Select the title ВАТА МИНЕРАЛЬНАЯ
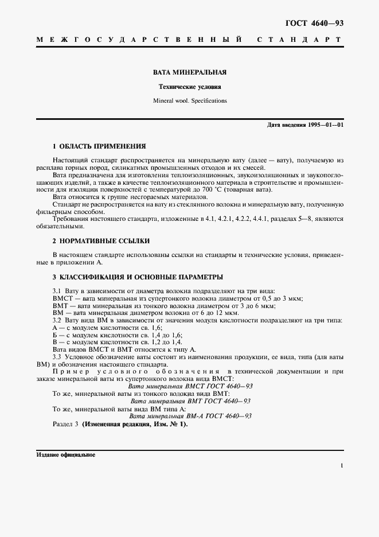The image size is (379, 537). pyautogui.click(x=189, y=73)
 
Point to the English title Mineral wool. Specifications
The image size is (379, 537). pyautogui.click(x=189, y=100)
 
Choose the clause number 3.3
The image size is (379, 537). pyautogui.click(x=57, y=356)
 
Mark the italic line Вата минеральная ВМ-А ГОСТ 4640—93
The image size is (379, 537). pyautogui.click(x=190, y=416)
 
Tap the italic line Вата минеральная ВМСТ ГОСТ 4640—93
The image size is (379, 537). pyautogui.click(x=190, y=386)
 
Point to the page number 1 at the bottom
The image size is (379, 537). pyautogui.click(x=341, y=466)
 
